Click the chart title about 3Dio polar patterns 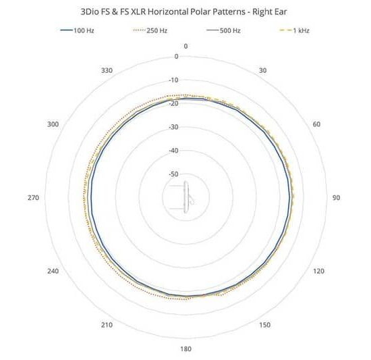183,12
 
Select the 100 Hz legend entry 78,30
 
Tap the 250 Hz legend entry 150,30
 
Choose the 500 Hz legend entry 223,30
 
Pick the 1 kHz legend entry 295,30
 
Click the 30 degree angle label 262,70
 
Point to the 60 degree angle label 316,124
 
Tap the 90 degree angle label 336,197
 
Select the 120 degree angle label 318,271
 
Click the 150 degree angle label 265,325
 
